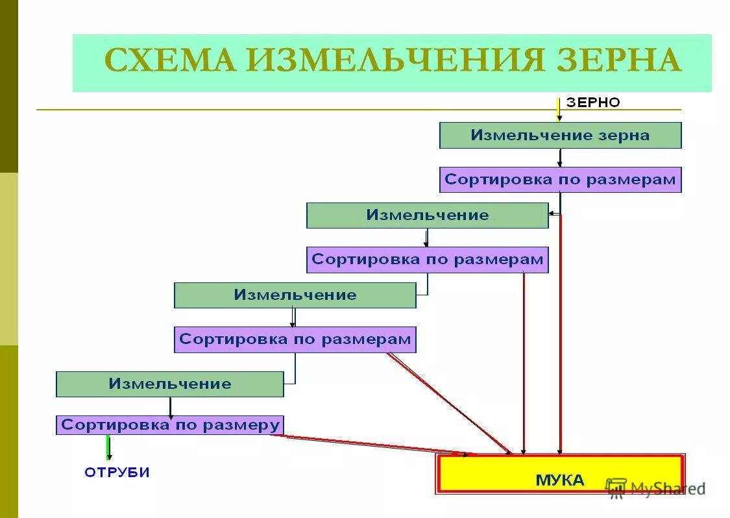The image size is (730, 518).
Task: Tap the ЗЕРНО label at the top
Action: tap(593, 102)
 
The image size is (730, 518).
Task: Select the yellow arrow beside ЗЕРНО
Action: tap(558, 108)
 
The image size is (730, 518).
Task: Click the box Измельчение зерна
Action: tap(560, 136)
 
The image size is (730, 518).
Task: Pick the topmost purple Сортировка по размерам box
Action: tap(560, 180)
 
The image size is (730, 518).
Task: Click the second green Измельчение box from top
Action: tap(427, 216)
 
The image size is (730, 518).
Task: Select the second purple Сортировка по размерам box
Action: tap(427, 260)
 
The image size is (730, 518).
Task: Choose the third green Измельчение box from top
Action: tap(295, 295)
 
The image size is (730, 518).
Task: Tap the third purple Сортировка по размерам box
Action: tap(295, 339)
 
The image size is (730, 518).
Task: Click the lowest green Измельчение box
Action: tap(169, 384)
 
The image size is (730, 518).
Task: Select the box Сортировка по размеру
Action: tap(169, 425)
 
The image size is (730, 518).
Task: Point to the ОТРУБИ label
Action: tap(117, 473)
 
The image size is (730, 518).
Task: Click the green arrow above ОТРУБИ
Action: tap(108, 447)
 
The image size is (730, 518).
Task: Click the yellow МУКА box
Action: tap(560, 480)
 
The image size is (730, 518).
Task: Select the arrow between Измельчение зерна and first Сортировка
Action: tap(560, 157)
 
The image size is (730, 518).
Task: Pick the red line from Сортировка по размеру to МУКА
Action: tap(370, 444)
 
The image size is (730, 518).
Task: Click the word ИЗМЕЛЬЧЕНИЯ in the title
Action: tap(385, 61)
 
